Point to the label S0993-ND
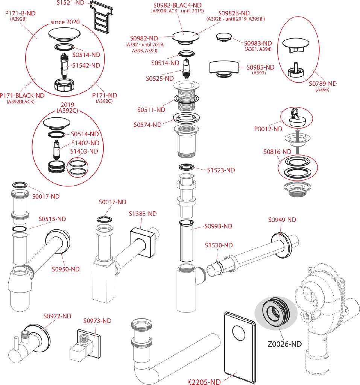coord(218,226)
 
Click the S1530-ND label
coord(219,245)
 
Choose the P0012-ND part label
coord(268,129)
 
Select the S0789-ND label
coord(322,83)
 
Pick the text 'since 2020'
coord(65,22)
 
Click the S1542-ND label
coord(86,65)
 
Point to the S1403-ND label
coord(84,151)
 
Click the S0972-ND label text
coord(57,316)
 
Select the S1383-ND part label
coord(143,214)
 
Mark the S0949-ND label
coord(282,220)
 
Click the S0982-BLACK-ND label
coord(178,5)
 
